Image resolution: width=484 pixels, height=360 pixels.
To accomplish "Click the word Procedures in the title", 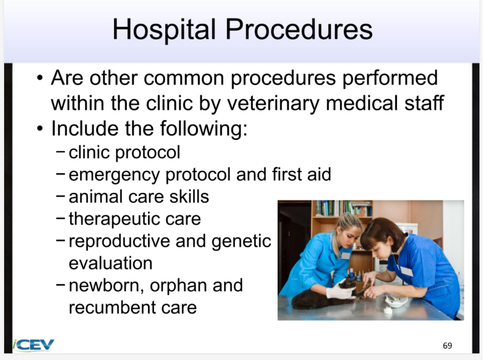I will pyautogui.click(x=299, y=29).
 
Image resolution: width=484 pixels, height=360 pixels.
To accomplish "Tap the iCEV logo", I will pyautogui.click(x=34, y=345).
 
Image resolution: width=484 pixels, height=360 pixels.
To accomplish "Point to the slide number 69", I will pyautogui.click(x=447, y=346).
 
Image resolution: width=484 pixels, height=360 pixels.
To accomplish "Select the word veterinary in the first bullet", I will pyautogui.click(x=273, y=103).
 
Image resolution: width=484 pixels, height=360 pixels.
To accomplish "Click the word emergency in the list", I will pyautogui.click(x=114, y=175).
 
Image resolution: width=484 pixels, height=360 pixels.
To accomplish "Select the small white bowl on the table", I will pyautogui.click(x=395, y=301).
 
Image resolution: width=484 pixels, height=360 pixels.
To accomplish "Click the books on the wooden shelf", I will pyautogui.click(x=343, y=208).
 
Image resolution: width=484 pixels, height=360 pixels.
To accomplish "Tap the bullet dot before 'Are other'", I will pyautogui.click(x=39, y=78).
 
